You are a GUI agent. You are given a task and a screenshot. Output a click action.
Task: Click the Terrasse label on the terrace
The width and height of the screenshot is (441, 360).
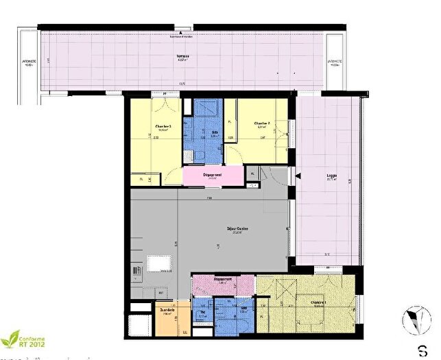click(181, 58)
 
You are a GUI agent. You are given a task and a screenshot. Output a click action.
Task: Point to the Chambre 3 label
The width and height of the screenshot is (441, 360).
click(163, 126)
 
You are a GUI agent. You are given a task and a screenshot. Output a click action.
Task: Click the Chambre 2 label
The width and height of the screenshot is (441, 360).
click(261, 123)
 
